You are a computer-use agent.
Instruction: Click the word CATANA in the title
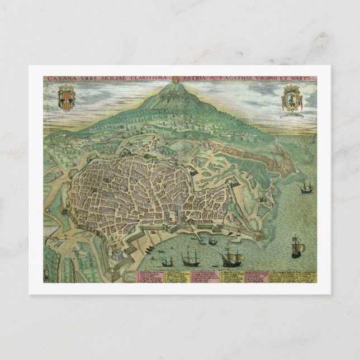59,79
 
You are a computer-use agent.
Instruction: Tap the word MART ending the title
306,79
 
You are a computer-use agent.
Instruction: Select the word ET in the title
294,79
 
